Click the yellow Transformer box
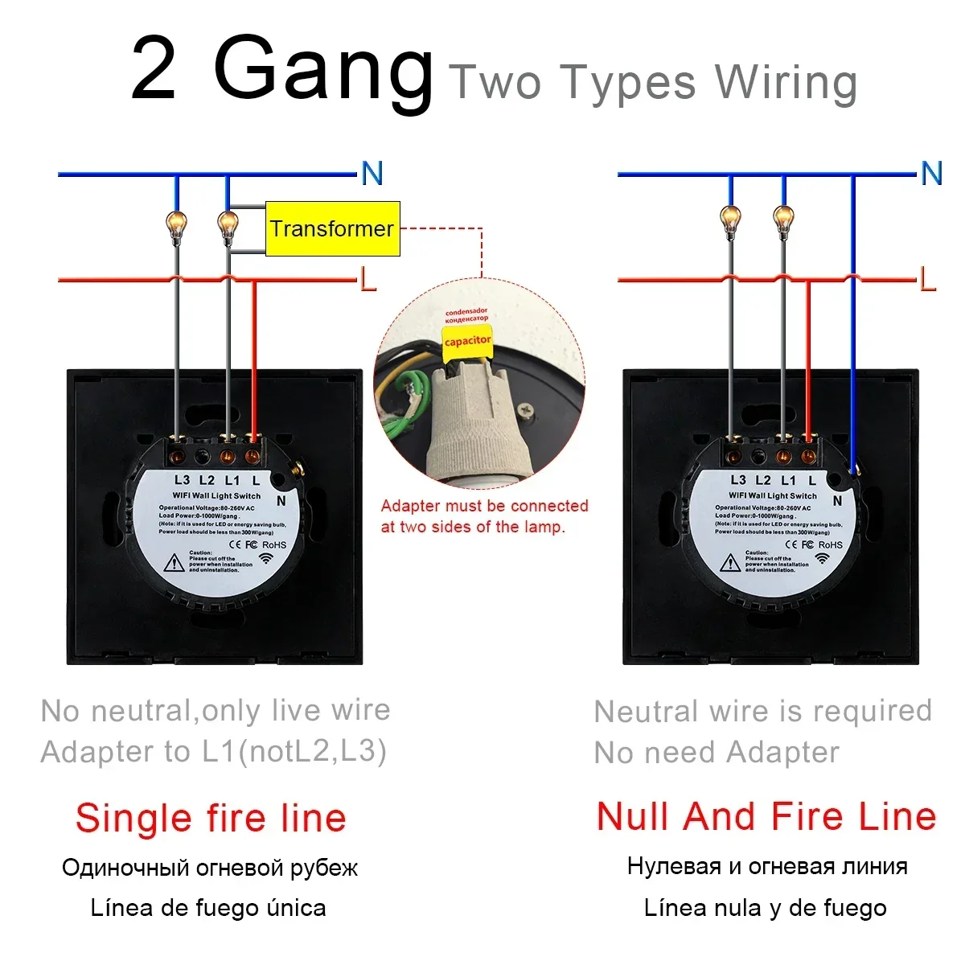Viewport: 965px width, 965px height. (x=332, y=229)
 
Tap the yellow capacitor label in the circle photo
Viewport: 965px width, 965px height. (x=467, y=341)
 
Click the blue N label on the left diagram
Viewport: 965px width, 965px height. (x=372, y=174)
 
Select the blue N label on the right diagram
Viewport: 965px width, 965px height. (x=931, y=174)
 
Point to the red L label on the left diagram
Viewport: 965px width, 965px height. (x=368, y=280)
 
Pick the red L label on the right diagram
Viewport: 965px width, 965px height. (x=928, y=280)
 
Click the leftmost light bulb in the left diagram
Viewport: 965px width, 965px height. (x=176, y=222)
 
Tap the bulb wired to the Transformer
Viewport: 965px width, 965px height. (x=228, y=224)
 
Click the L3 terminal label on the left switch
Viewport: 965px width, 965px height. (x=183, y=480)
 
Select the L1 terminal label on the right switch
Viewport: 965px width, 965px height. (x=788, y=480)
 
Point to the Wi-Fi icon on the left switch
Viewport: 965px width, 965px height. (x=266, y=558)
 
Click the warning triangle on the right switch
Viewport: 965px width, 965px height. (x=730, y=562)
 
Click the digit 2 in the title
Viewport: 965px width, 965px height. (x=154, y=71)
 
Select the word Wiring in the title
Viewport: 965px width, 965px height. (x=786, y=82)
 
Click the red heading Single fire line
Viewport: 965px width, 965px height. (x=211, y=818)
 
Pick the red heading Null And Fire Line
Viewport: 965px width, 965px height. (x=766, y=816)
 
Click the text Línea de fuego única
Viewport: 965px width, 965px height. (x=208, y=908)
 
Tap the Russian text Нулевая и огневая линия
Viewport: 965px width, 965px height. (x=767, y=866)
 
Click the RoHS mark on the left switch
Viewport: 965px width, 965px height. (x=274, y=544)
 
